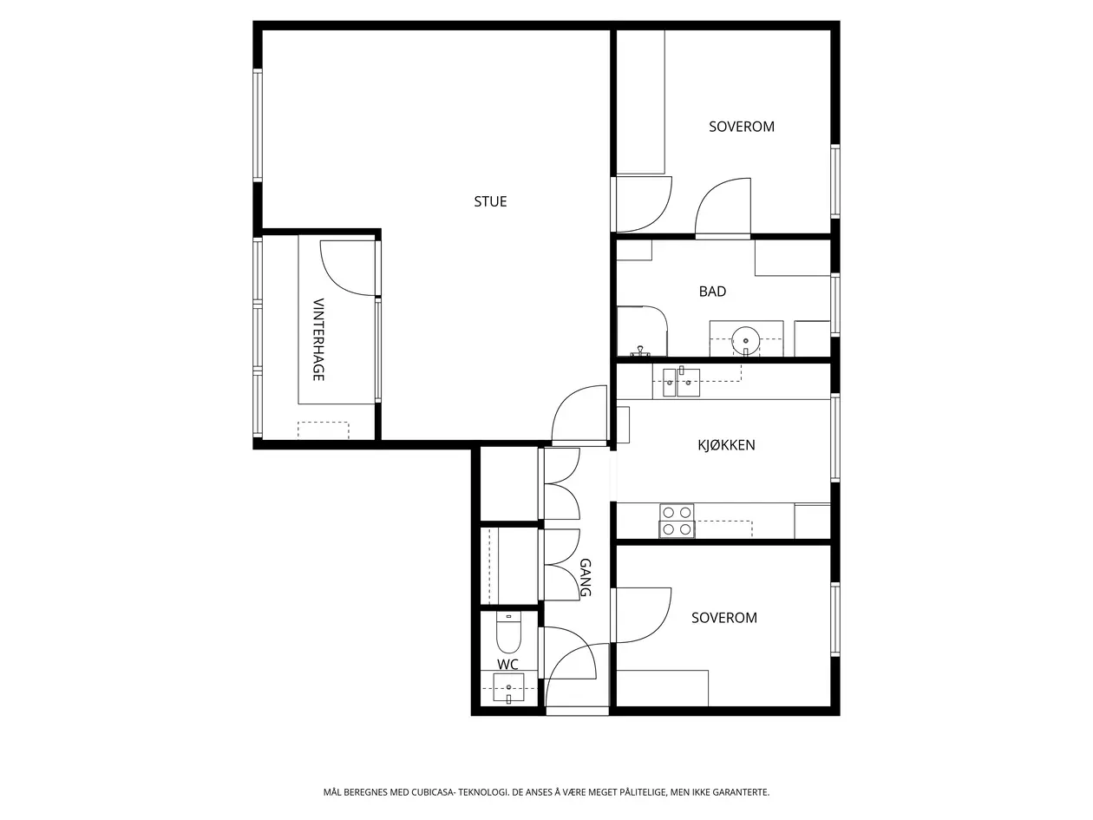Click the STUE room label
tap(490, 201)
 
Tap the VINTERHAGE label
tap(318, 339)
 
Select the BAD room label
tap(712, 292)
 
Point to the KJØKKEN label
tap(726, 444)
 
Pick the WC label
tap(507, 664)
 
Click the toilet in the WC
tap(508, 633)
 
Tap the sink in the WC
tap(508, 687)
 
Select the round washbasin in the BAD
tap(745, 340)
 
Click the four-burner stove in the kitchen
tap(677, 521)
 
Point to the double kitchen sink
tap(681, 383)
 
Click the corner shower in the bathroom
tap(642, 331)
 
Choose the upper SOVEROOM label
tap(742, 127)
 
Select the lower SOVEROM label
tap(724, 618)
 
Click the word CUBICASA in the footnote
tap(433, 792)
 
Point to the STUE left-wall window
tap(258, 126)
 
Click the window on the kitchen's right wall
tap(835, 438)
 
